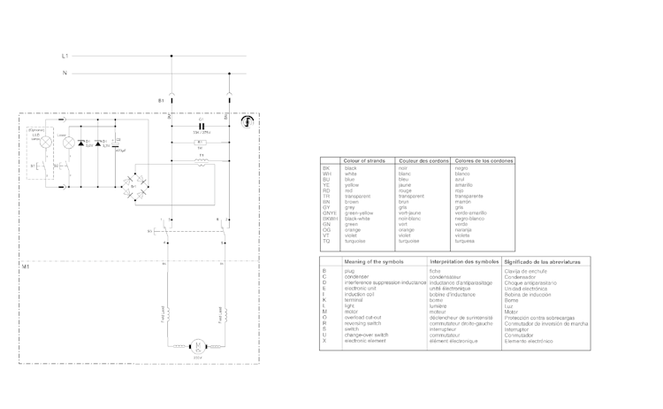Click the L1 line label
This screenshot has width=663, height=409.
(65, 56)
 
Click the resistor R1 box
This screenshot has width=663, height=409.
(200, 142)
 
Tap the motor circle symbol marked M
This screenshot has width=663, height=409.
(199, 344)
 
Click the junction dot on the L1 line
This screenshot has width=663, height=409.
(171, 56)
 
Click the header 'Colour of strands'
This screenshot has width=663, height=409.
(363, 160)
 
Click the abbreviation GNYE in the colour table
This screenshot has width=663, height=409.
(329, 213)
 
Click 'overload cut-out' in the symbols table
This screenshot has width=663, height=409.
(362, 316)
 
